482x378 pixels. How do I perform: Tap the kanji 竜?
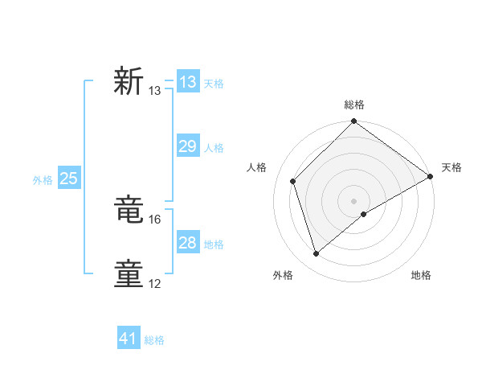pos(129,210)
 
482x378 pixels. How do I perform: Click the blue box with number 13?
pos(188,82)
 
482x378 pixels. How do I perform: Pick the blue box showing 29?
pos(188,146)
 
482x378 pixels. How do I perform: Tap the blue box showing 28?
pos(188,243)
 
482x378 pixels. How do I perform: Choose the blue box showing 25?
pos(69,179)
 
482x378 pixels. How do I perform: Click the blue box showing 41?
pos(129,339)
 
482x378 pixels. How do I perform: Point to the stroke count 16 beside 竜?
pos(156,219)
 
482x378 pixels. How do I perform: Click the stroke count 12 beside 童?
pos(156,283)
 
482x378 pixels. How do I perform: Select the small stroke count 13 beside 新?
pos(155,90)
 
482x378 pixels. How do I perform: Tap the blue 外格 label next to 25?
pos(43,180)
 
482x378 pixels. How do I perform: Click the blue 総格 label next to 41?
pos(154,340)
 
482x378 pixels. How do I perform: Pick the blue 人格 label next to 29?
pos(214,148)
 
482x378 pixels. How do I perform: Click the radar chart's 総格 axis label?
pos(354,105)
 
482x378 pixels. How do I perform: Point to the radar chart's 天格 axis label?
pos(451,167)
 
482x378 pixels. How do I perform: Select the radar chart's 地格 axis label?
pos(421,275)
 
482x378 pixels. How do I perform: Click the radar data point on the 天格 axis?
pos(431,177)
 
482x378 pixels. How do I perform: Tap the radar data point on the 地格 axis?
pos(365,214)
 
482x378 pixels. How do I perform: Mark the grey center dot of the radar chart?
pos(354,200)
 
